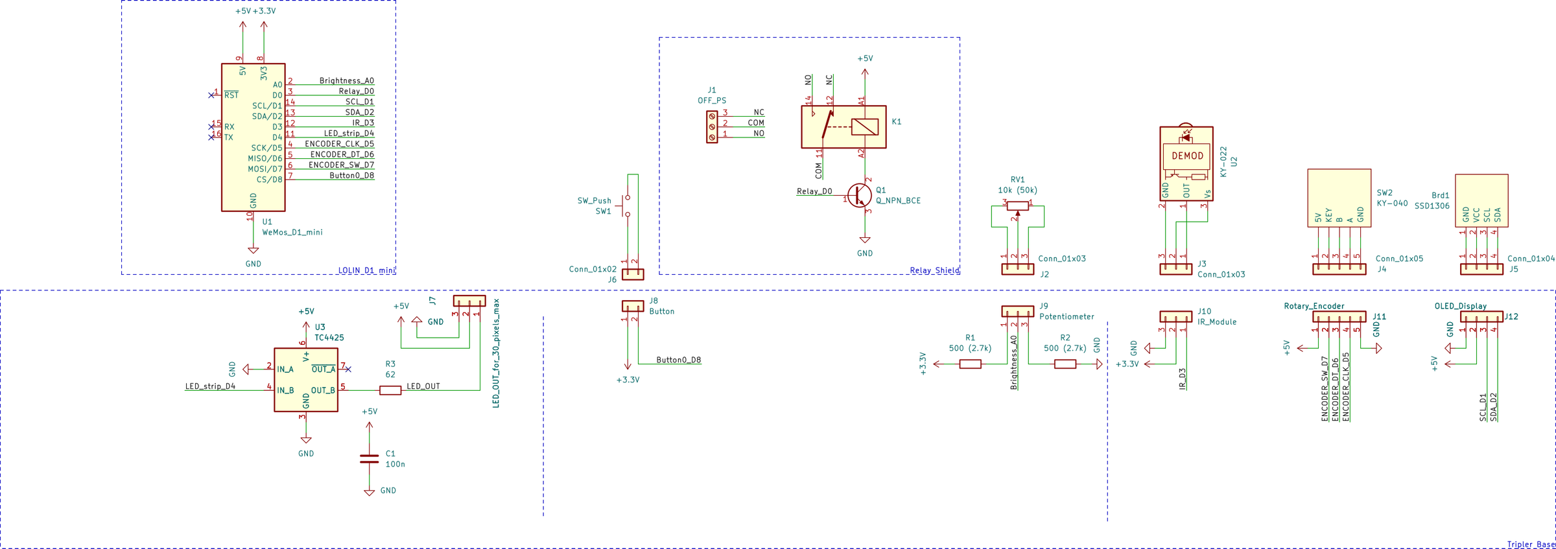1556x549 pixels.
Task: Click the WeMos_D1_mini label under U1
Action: [x=292, y=232]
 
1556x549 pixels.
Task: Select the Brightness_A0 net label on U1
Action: [x=346, y=81]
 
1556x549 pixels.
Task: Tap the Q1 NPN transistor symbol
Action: [x=860, y=195]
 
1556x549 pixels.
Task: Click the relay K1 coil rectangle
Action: [x=864, y=126]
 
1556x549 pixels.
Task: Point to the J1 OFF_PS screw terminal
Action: [x=712, y=127]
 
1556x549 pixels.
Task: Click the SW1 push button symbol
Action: [x=625, y=206]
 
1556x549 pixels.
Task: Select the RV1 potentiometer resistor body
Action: [x=1017, y=206]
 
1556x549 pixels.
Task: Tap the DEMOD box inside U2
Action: [x=1186, y=156]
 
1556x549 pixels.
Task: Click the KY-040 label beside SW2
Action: [x=1392, y=204]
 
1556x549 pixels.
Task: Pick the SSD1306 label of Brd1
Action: [x=1432, y=206]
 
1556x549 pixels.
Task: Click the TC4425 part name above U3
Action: [x=329, y=338]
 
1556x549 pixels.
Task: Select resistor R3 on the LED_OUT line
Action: [x=390, y=390]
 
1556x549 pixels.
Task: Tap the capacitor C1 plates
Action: [x=369, y=459]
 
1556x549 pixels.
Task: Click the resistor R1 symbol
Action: [x=970, y=364]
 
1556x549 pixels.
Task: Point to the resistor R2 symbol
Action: [x=1065, y=364]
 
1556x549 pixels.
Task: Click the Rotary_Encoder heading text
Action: [x=1314, y=306]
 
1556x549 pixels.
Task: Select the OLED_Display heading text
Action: [x=1460, y=306]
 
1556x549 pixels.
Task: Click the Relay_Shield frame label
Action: [x=934, y=270]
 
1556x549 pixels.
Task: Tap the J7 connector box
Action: [x=469, y=301]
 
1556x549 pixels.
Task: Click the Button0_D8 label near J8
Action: [x=678, y=360]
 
